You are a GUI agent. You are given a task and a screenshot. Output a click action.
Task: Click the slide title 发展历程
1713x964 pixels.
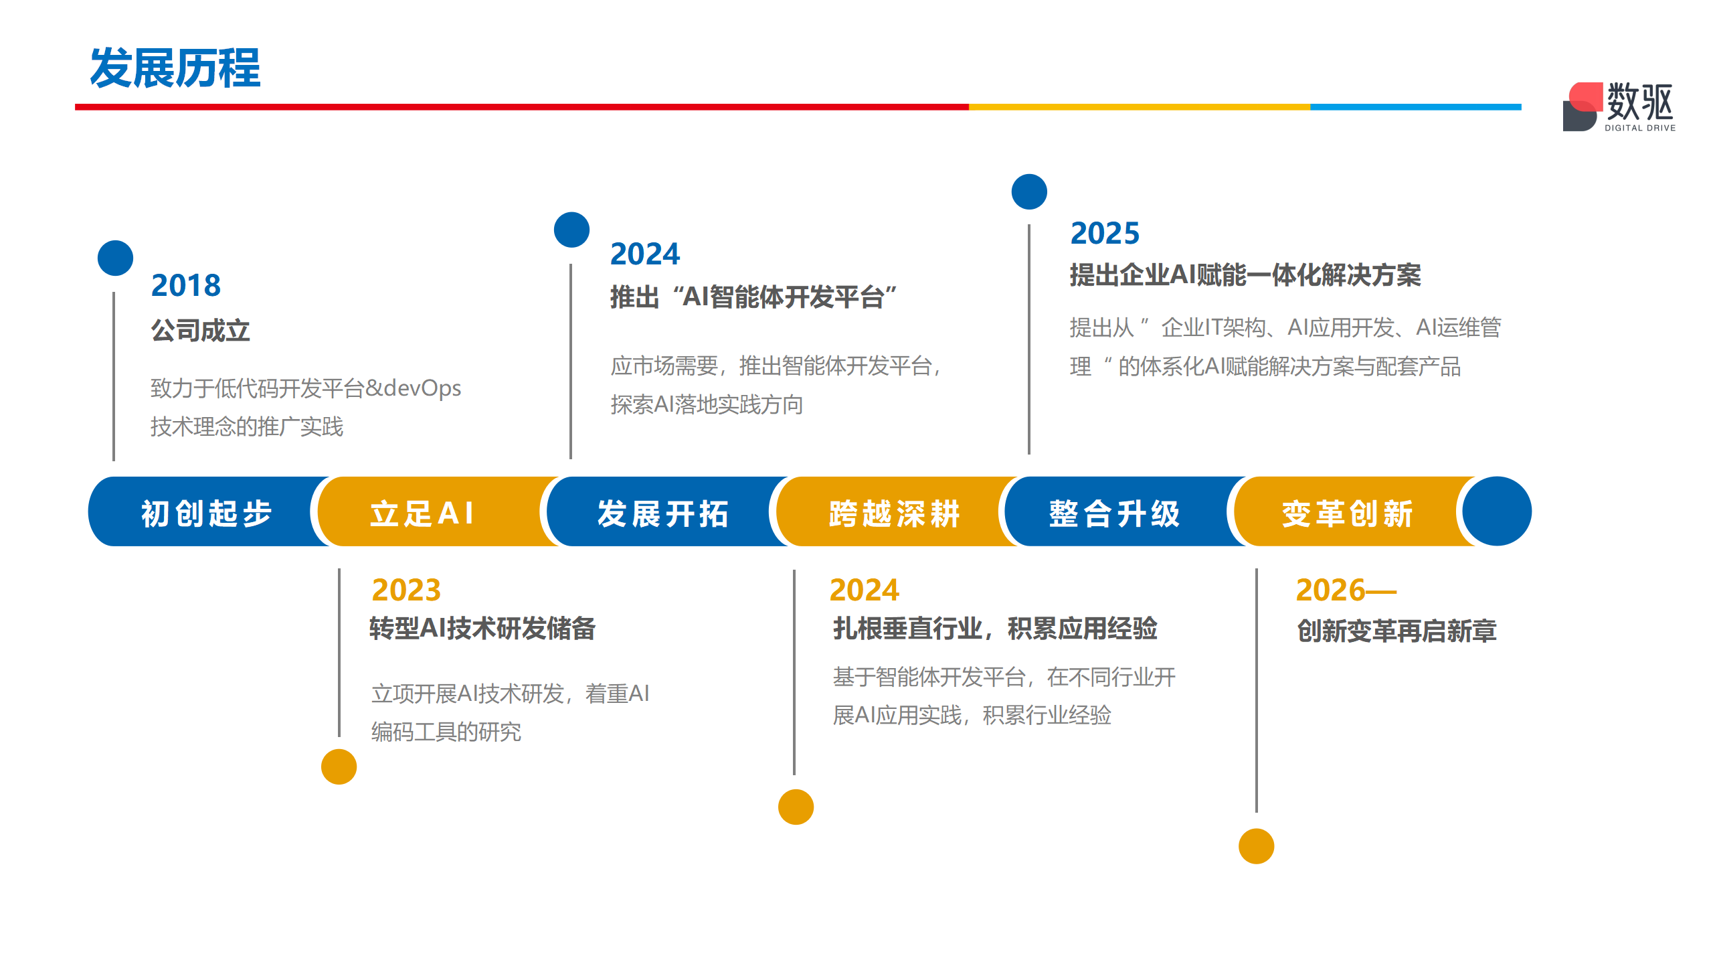point(175,68)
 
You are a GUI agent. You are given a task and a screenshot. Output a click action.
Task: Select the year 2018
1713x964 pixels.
point(186,285)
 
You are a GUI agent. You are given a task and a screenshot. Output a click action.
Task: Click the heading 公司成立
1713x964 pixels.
point(200,331)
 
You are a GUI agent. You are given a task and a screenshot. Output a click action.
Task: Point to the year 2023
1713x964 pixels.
point(406,590)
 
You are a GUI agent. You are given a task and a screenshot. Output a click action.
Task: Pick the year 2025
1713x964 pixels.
point(1105,233)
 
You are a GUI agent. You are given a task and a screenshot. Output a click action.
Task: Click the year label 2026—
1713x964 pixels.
point(1346,590)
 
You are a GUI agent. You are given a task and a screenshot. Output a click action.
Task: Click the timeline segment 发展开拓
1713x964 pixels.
point(662,512)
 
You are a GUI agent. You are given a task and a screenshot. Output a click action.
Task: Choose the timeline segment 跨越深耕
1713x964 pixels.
point(893,512)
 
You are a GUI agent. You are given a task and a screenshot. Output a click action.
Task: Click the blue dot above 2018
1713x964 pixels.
point(115,258)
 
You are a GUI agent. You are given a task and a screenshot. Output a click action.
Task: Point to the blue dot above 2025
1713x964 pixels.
point(1029,191)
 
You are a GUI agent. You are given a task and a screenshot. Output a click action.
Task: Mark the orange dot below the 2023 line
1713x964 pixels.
point(339,767)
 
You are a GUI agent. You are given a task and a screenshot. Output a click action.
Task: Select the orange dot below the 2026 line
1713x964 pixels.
point(1256,846)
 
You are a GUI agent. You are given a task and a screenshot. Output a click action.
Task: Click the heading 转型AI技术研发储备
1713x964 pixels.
point(482,629)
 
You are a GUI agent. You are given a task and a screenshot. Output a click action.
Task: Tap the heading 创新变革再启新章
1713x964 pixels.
point(1396,631)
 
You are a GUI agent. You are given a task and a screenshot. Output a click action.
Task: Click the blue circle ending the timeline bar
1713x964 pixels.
point(1497,511)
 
